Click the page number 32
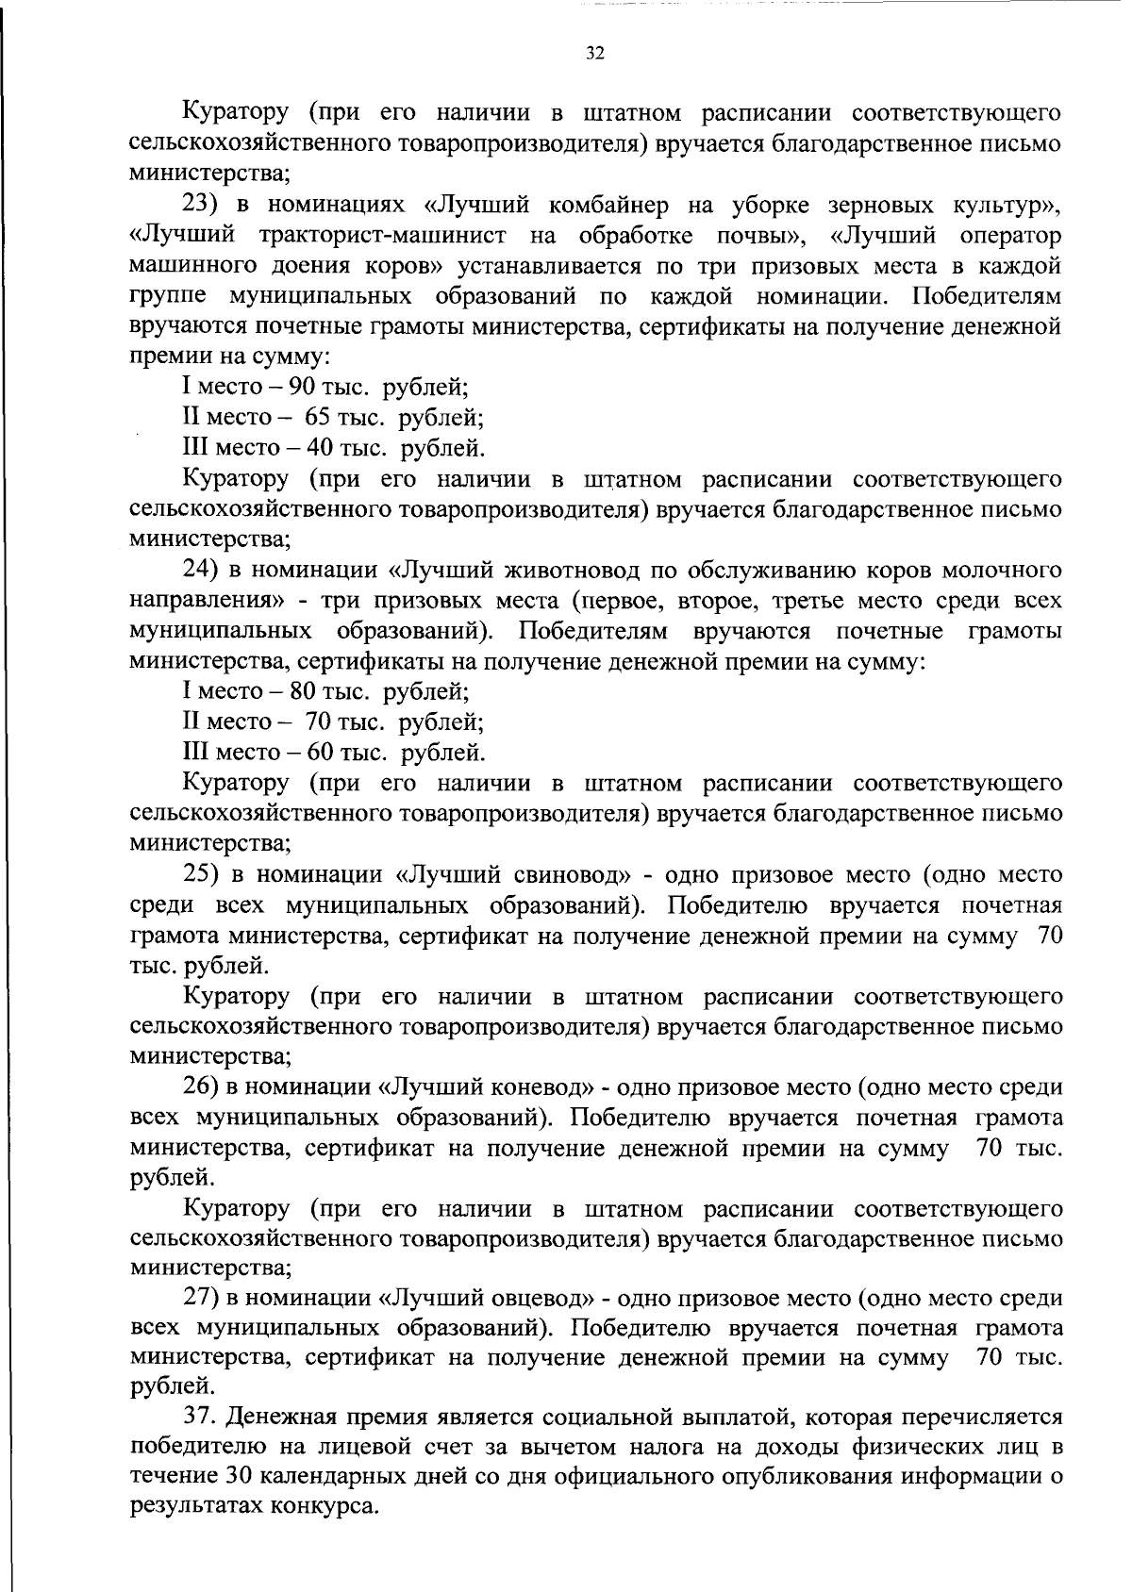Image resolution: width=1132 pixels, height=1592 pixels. tap(594, 53)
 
